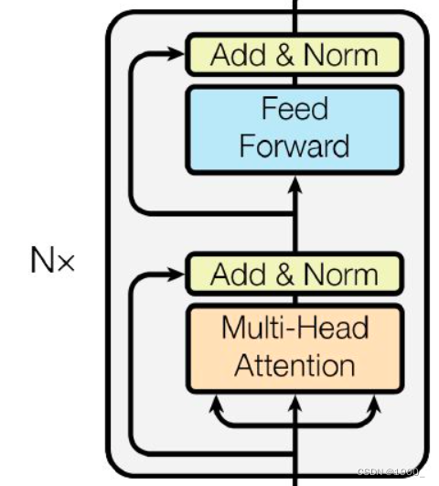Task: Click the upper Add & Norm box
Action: (294, 55)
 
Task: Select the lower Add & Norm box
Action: (294, 274)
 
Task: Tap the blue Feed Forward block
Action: (294, 130)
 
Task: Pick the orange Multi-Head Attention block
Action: (294, 349)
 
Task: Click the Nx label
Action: (53, 260)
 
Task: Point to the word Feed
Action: (294, 108)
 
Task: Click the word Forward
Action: (294, 146)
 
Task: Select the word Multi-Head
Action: (295, 328)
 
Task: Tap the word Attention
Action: (294, 365)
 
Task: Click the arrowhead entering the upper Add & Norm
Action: (175, 54)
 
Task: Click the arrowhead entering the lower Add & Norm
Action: (175, 274)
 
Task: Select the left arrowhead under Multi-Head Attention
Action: (216, 404)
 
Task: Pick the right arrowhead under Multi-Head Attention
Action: (374, 404)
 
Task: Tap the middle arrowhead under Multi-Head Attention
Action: (294, 404)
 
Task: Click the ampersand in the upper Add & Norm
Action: (284, 55)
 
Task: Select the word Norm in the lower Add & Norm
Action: (341, 274)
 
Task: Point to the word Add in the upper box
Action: (238, 55)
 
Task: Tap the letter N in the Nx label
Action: (41, 260)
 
